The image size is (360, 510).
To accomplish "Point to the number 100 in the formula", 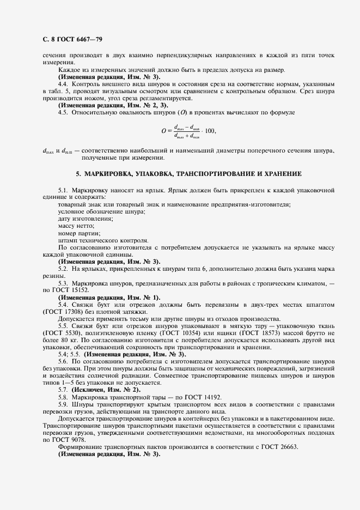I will pyautogui.click(x=209, y=131).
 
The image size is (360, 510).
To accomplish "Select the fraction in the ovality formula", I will pyautogui.click(x=186, y=131).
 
